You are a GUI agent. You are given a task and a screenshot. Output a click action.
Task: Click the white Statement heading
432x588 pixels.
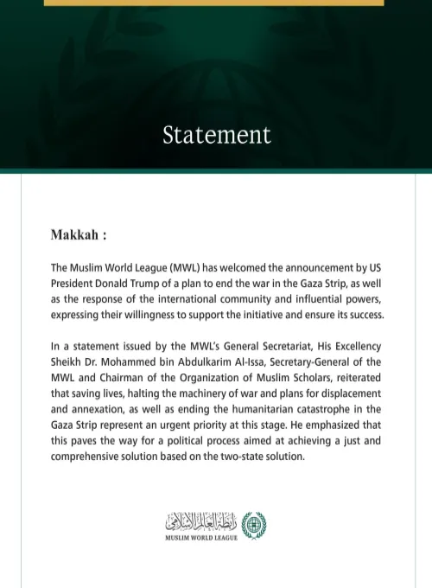tap(216, 135)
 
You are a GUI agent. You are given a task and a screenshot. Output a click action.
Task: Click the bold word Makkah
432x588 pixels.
tap(75, 235)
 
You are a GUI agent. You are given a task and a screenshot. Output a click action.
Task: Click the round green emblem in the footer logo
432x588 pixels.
tap(254, 523)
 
